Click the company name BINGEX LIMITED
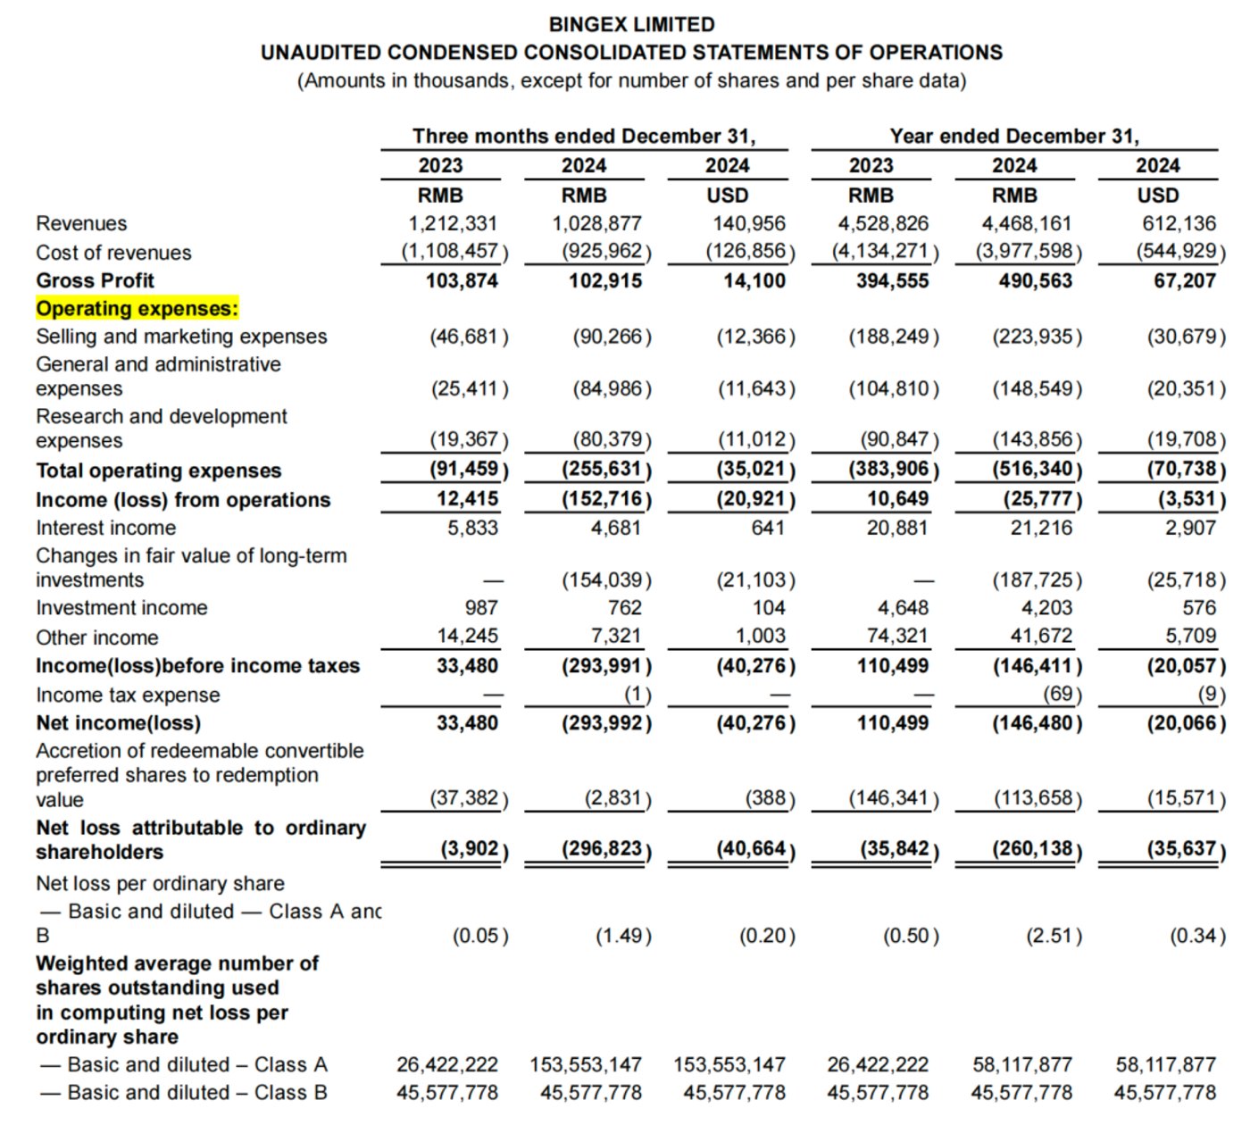pos(631,24)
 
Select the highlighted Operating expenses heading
pos(137,309)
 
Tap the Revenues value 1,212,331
pos(453,223)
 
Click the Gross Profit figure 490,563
pos(1035,280)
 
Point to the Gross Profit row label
pos(95,280)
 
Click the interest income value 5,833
pos(472,528)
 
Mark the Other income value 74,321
pos(897,636)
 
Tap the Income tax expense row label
pos(128,695)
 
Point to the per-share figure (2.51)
pos(1054,936)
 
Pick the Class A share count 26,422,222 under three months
pos(447,1064)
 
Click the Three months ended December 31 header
pos(584,136)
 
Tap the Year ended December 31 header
pos(1014,136)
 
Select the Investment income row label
pos(121,608)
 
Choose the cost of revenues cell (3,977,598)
pos(1029,251)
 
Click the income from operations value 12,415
pos(467,499)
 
